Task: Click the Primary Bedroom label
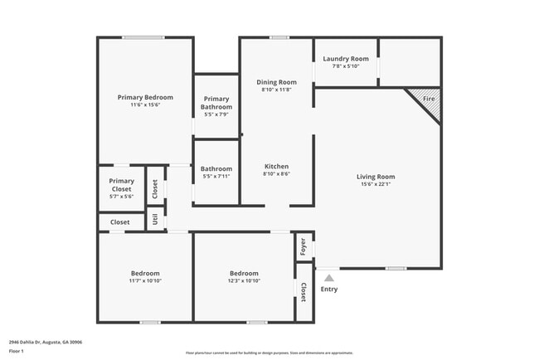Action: coord(145,97)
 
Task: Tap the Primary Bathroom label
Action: coord(216,103)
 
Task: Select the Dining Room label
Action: coord(276,82)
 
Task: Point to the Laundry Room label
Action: coord(345,59)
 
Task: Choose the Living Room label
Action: coord(376,177)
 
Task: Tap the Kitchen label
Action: coord(276,166)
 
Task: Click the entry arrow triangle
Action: coord(329,278)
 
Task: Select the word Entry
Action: coord(329,289)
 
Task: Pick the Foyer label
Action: coord(303,246)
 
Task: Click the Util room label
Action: coord(155,220)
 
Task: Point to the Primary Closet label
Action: coord(121,185)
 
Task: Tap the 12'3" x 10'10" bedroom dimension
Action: coord(244,281)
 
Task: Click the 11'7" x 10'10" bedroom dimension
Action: coord(145,281)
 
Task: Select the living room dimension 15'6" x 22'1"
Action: coord(376,185)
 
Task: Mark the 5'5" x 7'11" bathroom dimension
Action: coord(216,177)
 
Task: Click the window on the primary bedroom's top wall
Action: coord(143,37)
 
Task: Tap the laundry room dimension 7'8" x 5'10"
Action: coord(345,66)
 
